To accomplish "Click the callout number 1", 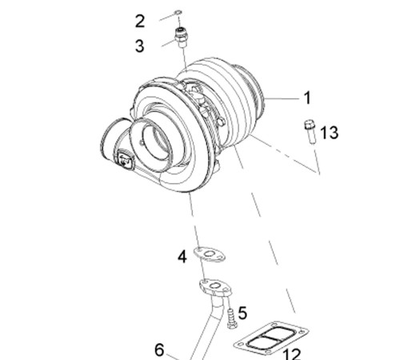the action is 307,98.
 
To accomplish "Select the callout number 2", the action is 140,22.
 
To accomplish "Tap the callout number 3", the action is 140,46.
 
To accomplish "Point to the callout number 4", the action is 182,258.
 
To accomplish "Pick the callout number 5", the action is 242,313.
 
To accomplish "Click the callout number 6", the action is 159,350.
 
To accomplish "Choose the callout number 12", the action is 291,354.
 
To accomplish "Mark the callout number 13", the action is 329,133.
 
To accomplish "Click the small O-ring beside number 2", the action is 178,12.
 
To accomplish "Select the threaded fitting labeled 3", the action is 182,38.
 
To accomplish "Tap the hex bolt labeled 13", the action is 310,132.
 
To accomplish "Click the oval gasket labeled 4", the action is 210,254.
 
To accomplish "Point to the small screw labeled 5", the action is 232,318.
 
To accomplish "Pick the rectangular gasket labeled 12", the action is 271,338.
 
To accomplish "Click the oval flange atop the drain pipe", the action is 215,286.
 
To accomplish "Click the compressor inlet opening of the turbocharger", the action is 157,145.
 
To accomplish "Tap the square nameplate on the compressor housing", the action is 124,159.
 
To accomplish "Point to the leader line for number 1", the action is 282,98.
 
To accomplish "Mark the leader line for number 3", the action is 169,43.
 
